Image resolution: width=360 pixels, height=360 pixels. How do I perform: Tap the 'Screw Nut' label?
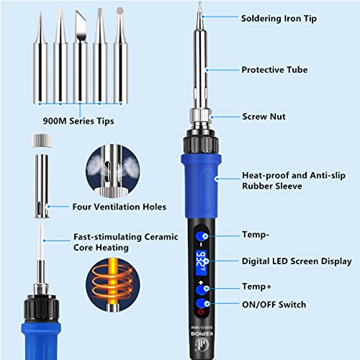(262, 116)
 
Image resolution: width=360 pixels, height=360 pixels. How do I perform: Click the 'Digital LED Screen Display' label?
(297, 261)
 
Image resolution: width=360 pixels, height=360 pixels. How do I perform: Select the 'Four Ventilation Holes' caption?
(119, 207)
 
